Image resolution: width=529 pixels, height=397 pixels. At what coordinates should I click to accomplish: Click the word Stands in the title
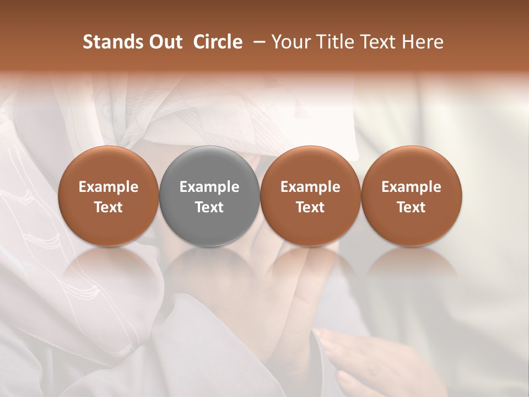pos(112,42)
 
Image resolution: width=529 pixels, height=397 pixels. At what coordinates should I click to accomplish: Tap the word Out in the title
pos(165,42)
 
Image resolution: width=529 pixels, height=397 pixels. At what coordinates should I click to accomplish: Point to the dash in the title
pos(257,42)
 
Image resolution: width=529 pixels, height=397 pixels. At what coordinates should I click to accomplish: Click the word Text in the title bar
pos(380,42)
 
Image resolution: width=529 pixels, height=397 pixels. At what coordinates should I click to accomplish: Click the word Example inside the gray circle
pos(209,187)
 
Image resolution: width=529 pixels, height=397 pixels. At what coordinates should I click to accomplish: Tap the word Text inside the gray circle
pos(209,207)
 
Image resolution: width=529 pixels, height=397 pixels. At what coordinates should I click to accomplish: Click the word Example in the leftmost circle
pos(109,187)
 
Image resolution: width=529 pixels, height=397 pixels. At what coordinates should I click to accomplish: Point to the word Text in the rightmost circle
pos(412,207)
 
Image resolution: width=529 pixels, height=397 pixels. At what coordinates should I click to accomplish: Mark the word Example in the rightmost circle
pos(412,187)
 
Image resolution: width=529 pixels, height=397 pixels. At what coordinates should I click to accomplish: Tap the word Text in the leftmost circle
pos(109,207)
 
